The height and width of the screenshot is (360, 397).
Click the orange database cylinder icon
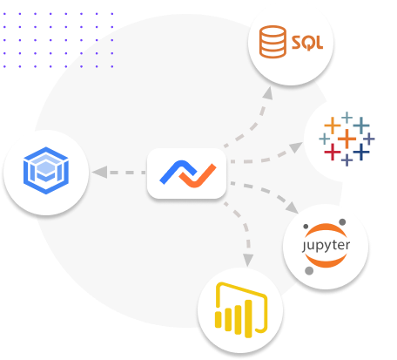tap(273, 42)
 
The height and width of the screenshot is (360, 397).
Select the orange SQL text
tap(307, 43)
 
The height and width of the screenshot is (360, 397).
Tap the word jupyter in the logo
tap(326, 246)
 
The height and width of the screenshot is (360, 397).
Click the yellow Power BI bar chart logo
tap(241, 309)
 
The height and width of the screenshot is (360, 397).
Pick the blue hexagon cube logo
tap(46, 170)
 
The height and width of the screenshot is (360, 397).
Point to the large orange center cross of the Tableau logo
tap(347, 139)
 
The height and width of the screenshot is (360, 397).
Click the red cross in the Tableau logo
tap(333, 152)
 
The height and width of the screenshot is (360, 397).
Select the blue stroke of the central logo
tap(178, 171)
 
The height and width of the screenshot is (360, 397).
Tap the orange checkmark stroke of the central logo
tap(198, 176)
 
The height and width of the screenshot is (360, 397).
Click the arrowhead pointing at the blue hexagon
tap(99, 172)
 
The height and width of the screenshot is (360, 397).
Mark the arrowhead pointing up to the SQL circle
tap(267, 93)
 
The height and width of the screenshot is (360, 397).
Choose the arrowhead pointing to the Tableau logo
tap(296, 146)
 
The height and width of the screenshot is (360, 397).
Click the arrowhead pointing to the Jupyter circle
tap(292, 207)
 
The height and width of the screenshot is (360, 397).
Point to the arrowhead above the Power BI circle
tap(248, 260)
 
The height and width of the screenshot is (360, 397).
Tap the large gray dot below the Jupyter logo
tap(309, 271)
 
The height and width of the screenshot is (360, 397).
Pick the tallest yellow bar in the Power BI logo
tap(248, 319)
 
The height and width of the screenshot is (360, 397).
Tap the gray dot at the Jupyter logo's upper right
tap(342, 222)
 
